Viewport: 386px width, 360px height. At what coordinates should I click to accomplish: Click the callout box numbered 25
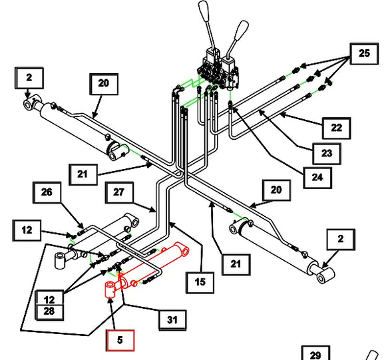click(364, 54)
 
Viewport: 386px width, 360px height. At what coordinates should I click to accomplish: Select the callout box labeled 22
click(336, 128)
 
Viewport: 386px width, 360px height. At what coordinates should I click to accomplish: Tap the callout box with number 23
click(327, 154)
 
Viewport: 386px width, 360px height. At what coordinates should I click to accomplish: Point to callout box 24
click(317, 178)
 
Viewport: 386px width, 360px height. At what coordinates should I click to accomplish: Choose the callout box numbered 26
click(47, 192)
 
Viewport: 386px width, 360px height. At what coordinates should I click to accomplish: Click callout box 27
click(119, 192)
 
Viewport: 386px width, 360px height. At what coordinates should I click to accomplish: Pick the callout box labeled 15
click(200, 282)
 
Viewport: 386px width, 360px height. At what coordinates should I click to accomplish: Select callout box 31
click(172, 320)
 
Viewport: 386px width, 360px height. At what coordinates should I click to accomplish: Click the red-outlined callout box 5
click(120, 340)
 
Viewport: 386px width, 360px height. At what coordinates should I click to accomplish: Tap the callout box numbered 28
click(49, 312)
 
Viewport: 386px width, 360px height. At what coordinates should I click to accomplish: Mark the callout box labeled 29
click(315, 353)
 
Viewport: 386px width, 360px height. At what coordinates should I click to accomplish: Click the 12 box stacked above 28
click(49, 298)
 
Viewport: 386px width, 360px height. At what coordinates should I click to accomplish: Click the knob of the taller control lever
click(204, 10)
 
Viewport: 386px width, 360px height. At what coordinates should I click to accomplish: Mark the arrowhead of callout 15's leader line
click(171, 224)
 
